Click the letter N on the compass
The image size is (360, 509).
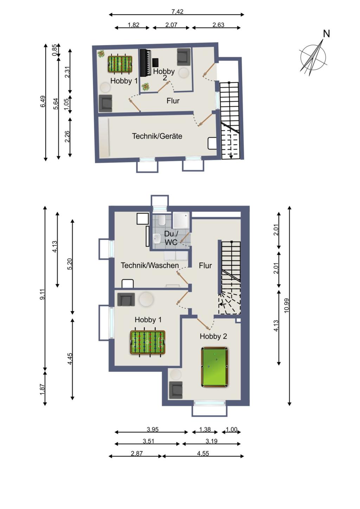coord(326,34)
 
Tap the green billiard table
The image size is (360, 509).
coord(214,367)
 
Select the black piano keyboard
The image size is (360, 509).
coord(146,63)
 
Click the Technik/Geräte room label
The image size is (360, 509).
coord(157,136)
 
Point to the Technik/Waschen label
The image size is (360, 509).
coord(150,265)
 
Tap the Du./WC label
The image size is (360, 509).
coord(171,238)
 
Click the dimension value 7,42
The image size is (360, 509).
coord(177,12)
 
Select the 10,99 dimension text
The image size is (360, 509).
coord(287,305)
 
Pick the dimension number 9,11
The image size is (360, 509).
coord(43,294)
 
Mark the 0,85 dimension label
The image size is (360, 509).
coord(54,50)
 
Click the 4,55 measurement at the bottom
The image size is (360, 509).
coord(203,453)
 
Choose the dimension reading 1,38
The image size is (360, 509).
coord(205,429)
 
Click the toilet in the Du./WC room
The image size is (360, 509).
coord(162,221)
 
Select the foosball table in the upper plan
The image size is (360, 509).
coord(120,64)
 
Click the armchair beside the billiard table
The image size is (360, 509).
coord(175,390)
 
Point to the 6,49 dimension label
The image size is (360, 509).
coord(43,102)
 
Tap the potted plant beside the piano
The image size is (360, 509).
coord(145,87)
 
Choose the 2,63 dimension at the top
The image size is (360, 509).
coord(218,25)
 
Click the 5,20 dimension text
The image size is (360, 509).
coord(70,264)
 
